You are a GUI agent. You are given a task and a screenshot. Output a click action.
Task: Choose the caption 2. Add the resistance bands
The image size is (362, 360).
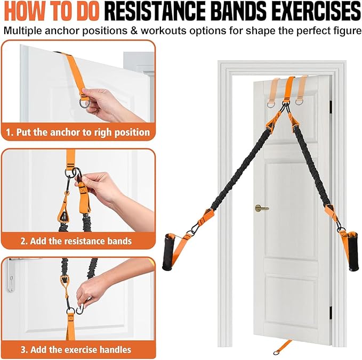pyautogui.click(x=75, y=241)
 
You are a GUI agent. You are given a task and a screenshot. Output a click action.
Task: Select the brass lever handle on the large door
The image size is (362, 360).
pyautogui.click(x=261, y=208)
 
